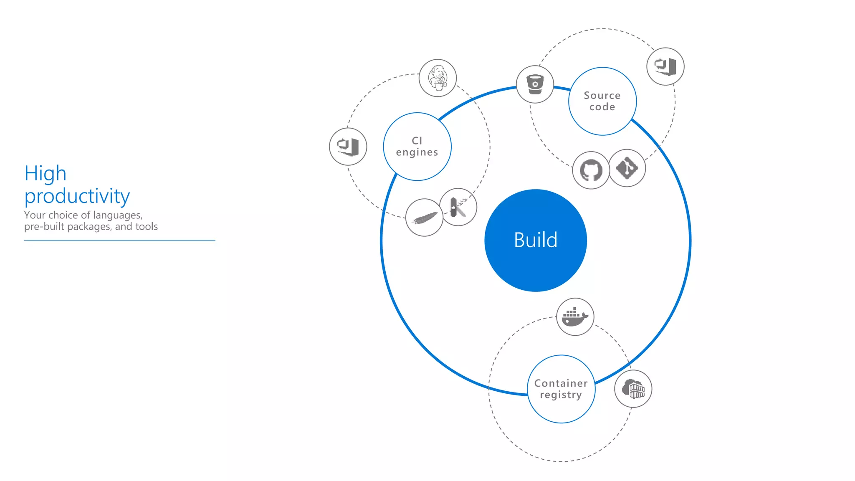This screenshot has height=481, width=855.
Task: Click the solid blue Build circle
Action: point(536,240)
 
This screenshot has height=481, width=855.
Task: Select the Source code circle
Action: point(602,101)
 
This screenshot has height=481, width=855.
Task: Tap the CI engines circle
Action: point(417,147)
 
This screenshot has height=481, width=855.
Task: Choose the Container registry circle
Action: point(561,389)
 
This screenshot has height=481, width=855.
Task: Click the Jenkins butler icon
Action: point(438,78)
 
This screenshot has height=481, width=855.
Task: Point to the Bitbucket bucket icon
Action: point(535,84)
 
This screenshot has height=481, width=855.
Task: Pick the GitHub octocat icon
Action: point(591,170)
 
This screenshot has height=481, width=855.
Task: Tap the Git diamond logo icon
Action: point(627,168)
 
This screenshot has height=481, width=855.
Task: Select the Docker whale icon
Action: point(575,317)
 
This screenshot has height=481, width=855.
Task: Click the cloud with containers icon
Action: point(633,389)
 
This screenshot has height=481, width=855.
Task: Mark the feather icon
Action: point(424,218)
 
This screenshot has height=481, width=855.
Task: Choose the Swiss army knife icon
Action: point(458,207)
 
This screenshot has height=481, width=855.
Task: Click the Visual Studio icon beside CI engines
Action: point(348,147)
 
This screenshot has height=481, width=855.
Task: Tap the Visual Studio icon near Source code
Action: point(665,66)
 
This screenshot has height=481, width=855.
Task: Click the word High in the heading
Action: point(46,173)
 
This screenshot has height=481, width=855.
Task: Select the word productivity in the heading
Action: point(77,196)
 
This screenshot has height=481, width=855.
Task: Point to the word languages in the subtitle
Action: point(118,215)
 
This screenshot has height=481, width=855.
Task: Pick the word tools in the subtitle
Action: point(147,226)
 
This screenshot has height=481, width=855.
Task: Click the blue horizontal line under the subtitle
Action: point(119,240)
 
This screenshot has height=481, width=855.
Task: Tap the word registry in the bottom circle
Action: point(561,395)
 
